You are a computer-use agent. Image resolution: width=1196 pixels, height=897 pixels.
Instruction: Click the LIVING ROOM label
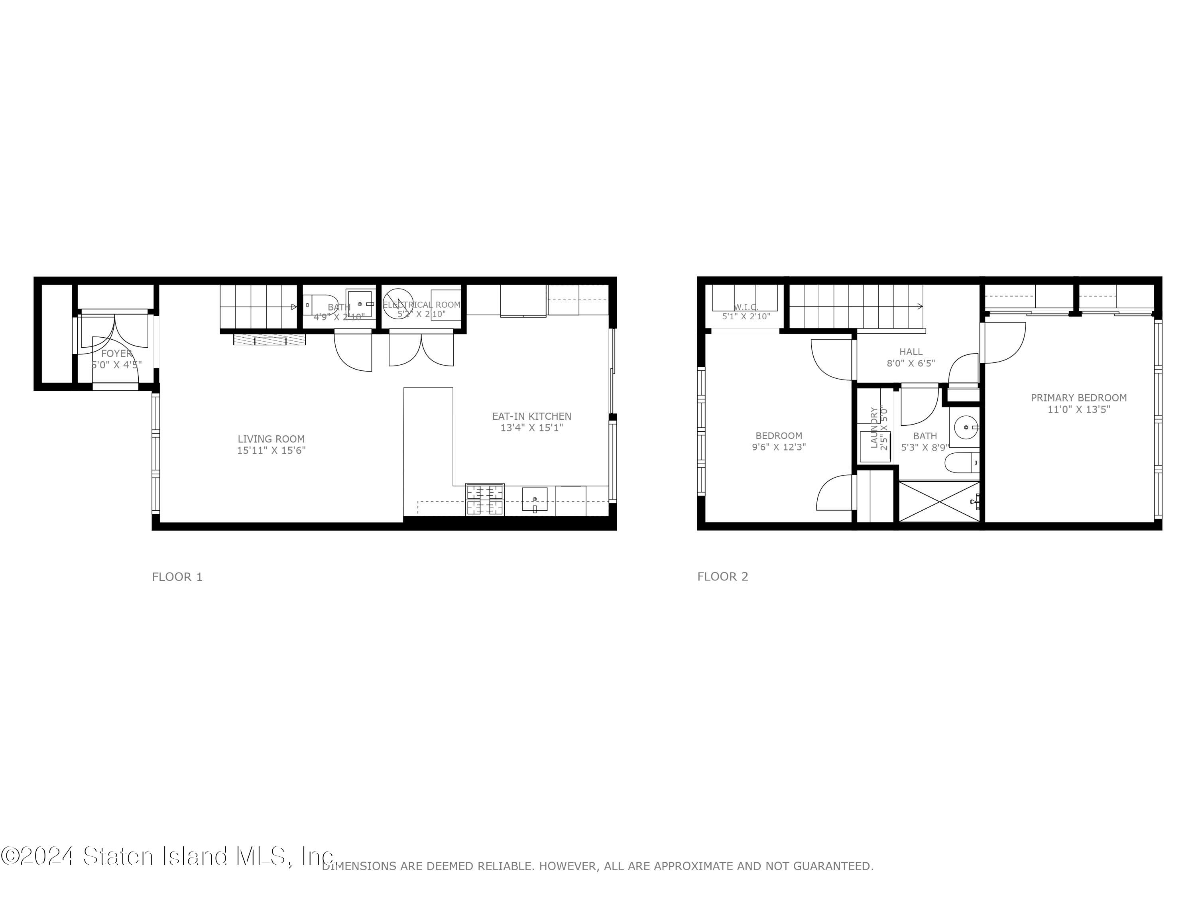(x=271, y=439)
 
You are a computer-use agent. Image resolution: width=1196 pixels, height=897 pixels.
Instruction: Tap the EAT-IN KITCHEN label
(x=531, y=416)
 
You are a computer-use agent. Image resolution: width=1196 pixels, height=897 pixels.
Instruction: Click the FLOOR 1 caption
(x=177, y=577)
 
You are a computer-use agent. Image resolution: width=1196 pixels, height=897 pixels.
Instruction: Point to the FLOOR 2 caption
(x=722, y=576)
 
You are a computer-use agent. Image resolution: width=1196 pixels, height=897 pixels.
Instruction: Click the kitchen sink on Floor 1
(x=534, y=499)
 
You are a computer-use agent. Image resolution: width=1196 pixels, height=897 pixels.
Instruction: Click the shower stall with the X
(x=939, y=501)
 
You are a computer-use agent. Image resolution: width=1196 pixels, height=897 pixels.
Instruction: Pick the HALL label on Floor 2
(x=911, y=352)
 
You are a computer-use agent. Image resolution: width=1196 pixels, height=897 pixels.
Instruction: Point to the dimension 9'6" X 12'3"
(x=779, y=447)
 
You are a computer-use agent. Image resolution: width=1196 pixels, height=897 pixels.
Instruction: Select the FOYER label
(x=116, y=354)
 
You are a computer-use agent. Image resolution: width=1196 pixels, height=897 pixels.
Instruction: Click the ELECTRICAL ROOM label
(x=422, y=305)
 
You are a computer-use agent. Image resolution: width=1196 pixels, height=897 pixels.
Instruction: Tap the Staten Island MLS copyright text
(x=167, y=856)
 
